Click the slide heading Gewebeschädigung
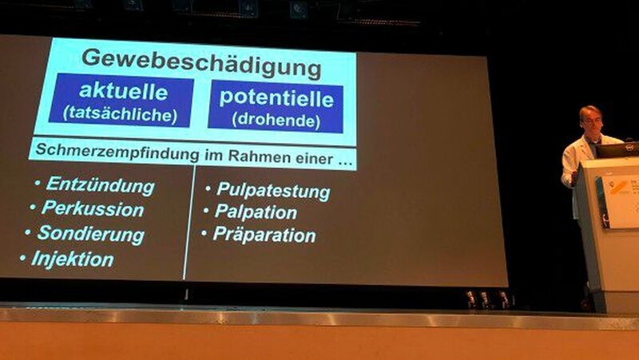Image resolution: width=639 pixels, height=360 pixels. (202, 62)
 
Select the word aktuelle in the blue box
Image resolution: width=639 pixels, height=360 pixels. (124, 91)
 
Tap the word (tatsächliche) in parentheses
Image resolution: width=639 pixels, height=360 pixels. (121, 114)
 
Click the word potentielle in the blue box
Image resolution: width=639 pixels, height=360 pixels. (276, 97)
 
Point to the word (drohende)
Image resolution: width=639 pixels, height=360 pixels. (276, 121)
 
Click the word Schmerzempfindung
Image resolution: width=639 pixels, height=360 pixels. (117, 152)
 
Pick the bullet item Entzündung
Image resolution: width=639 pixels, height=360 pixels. (101, 185)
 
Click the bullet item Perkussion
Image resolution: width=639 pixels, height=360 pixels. (93, 208)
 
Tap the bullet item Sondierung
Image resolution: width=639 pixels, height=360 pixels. (91, 234)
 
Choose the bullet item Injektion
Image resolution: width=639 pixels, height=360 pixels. (73, 259)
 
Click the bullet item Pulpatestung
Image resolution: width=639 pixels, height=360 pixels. (273, 191)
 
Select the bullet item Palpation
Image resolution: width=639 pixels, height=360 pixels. (256, 212)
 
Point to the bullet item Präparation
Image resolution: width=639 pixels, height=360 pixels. (264, 235)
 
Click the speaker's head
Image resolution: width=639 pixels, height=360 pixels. (591, 119)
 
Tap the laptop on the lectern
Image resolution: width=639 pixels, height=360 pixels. (618, 150)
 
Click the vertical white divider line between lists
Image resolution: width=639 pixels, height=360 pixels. (189, 223)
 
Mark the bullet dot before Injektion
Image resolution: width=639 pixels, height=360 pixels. (22, 257)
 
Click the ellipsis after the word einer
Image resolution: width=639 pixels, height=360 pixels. (346, 162)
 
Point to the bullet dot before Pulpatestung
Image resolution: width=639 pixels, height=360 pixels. (208, 188)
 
